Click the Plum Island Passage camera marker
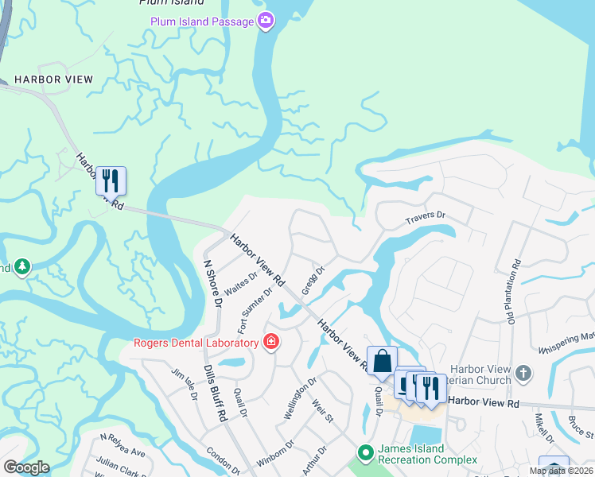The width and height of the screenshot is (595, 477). coord(266,20)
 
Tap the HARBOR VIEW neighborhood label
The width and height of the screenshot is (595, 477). coord(53,79)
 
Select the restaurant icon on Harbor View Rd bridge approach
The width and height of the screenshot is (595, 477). coord(111,180)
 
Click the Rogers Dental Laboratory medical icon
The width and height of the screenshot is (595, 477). coord(271,342)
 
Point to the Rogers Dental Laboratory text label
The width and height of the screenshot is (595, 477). coord(196,343)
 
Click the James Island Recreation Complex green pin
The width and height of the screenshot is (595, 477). coord(365,453)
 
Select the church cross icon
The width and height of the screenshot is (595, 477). coord(523,372)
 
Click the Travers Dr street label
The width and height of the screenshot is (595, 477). coord(426,216)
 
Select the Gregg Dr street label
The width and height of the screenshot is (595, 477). coord(314,279)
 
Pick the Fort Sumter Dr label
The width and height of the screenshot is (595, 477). coord(255,310)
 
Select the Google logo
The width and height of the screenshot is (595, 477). coord(26,467)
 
